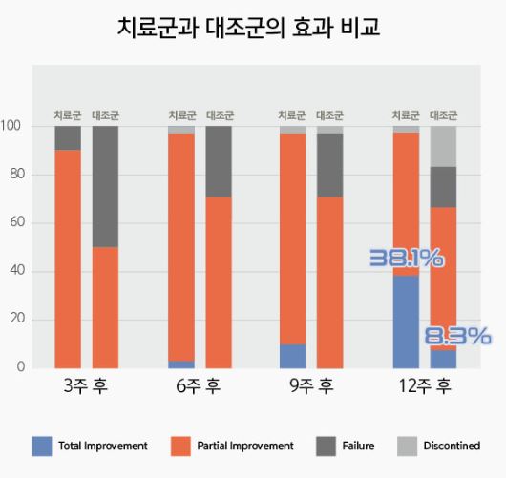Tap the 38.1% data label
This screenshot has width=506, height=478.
click(406, 257)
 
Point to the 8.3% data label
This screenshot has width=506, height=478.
click(457, 336)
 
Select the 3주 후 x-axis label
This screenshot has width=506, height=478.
click(86, 386)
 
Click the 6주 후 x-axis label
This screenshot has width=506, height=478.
click(199, 386)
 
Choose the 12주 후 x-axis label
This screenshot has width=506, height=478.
click(424, 386)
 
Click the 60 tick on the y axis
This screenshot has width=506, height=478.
click(14, 222)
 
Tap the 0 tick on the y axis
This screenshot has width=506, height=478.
click(19, 367)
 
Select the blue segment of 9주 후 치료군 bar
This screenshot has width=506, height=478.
click(293, 356)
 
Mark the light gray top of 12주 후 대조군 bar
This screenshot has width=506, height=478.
click(443, 146)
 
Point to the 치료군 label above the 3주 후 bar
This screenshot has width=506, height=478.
click(68, 115)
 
